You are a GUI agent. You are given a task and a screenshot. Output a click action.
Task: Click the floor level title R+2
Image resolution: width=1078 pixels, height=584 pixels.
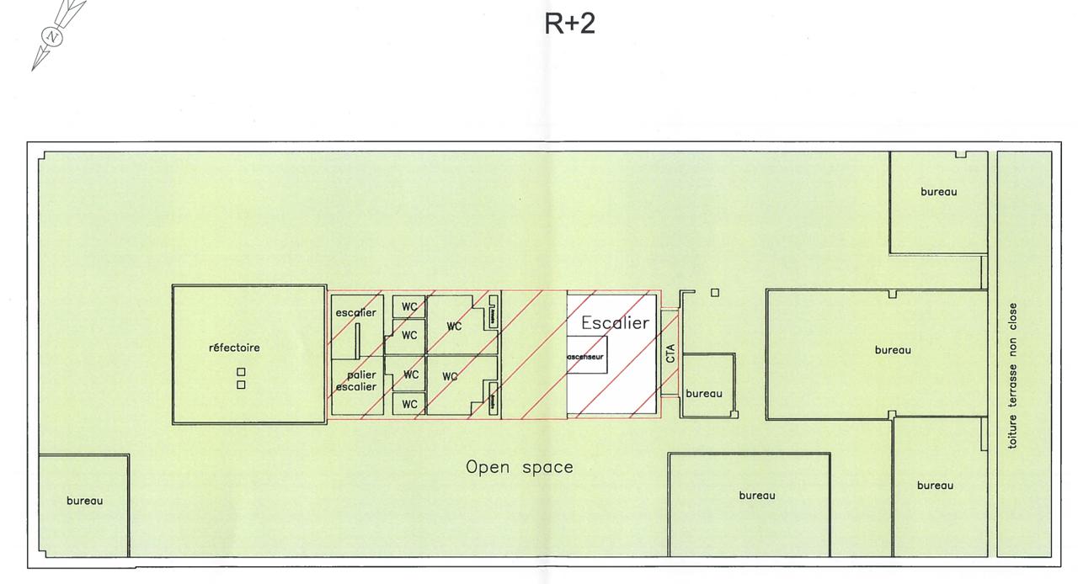570,24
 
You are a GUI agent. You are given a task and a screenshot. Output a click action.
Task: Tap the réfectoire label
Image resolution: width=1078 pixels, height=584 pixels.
234,348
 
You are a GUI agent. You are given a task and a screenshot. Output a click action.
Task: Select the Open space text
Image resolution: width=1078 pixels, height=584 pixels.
520,467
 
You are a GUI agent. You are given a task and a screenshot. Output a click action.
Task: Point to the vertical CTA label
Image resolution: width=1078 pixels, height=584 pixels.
670,353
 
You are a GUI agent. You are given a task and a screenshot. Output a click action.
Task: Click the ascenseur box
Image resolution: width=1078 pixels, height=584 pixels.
585,357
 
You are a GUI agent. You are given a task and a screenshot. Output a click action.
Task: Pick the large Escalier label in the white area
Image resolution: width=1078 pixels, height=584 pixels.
615,322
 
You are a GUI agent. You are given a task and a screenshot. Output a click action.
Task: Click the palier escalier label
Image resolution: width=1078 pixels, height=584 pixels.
356,381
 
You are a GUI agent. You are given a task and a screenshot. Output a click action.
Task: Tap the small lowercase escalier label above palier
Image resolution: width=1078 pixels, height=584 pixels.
355,313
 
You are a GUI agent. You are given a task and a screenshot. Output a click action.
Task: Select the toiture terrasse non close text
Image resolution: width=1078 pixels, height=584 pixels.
1013,375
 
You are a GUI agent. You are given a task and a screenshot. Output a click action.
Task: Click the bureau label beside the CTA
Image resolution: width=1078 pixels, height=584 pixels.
704,393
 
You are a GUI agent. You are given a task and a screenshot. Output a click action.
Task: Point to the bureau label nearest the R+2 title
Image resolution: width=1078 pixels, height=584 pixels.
938,192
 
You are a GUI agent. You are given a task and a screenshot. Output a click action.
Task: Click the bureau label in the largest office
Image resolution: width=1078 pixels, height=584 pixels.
892,350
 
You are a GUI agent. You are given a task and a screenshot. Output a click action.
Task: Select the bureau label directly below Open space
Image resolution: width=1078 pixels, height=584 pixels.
756,496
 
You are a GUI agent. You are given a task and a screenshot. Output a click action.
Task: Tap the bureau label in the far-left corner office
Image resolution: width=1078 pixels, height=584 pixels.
84,501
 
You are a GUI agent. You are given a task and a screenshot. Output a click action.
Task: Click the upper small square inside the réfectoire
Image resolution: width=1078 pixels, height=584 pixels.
241,372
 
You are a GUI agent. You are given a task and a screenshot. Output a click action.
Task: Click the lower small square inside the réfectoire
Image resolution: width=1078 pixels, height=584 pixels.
241,385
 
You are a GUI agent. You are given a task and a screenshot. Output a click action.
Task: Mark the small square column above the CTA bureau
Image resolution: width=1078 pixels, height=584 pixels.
715,293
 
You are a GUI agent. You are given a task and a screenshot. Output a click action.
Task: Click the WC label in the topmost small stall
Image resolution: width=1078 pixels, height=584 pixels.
409,306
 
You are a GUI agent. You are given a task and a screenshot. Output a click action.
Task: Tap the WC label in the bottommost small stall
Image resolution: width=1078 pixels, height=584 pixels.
409,404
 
